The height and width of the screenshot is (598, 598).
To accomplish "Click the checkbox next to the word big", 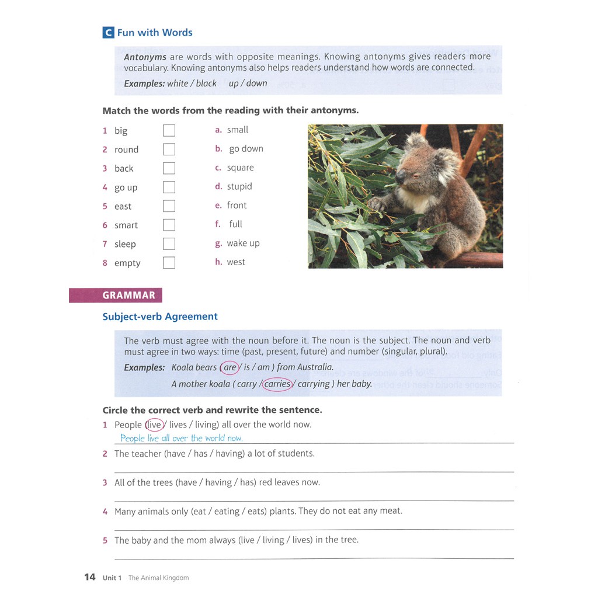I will [169, 130].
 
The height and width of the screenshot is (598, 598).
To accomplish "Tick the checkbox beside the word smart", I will [169, 225].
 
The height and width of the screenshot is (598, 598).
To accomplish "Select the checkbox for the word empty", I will [169, 263].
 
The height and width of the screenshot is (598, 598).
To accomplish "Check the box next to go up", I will [169, 187].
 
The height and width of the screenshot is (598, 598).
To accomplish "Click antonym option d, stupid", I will [239, 186].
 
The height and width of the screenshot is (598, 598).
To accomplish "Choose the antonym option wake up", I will [243, 243].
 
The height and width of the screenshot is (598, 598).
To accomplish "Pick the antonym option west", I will [235, 262].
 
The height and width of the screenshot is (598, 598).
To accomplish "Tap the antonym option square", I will [240, 168].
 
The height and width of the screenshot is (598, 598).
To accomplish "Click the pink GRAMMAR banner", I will [115, 295].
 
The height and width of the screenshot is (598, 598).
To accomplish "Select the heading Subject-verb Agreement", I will [160, 317].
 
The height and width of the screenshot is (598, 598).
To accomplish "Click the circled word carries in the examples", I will [277, 384].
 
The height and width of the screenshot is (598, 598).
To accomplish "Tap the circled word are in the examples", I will [230, 367].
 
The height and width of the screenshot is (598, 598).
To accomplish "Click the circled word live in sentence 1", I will [154, 425].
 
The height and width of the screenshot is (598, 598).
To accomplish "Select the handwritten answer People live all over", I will [181, 438].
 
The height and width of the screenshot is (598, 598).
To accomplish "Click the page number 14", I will [89, 577].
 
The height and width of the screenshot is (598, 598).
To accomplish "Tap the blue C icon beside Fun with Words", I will [108, 33].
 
